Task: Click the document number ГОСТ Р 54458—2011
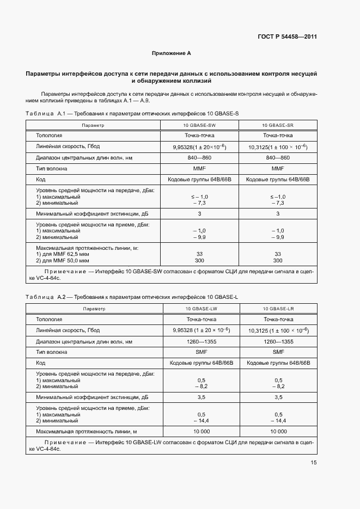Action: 286,37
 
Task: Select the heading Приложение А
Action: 171,53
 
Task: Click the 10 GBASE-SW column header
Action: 199,125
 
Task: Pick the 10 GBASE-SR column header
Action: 278,125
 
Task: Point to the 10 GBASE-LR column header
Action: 278,309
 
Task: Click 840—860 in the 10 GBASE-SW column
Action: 199,158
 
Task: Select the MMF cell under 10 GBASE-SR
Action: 278,169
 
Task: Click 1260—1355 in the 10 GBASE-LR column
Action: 278,341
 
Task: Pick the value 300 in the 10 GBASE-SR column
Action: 278,261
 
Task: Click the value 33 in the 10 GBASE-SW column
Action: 199,254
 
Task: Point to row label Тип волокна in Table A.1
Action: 52,169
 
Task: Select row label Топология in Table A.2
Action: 49,320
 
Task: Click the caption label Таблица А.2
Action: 45,297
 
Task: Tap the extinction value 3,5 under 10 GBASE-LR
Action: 278,397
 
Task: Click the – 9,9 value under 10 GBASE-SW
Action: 199,237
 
